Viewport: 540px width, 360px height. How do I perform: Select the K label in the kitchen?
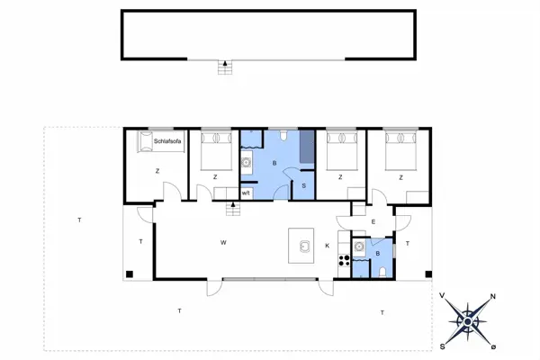point(327,246)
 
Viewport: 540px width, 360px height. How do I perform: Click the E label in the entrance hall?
point(373,220)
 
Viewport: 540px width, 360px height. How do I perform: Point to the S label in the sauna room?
point(304,185)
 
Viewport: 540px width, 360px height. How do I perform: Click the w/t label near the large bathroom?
point(246,192)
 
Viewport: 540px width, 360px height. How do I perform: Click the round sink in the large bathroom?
point(246,164)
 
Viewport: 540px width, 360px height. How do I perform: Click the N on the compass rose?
point(492,298)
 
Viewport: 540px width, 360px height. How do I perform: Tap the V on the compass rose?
point(443,295)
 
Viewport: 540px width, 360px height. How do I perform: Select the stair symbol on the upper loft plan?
point(223,67)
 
